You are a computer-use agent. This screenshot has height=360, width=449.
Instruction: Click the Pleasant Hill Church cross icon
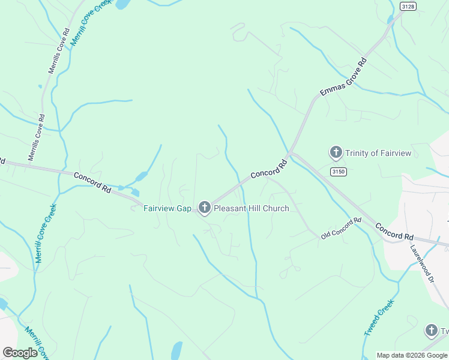click(204, 208)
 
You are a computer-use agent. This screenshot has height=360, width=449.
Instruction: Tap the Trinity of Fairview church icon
click(336, 152)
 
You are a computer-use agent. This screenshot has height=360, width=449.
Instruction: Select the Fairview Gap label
click(167, 209)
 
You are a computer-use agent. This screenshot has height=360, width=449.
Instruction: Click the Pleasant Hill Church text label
click(252, 209)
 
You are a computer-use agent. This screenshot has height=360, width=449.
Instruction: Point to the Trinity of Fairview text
click(378, 153)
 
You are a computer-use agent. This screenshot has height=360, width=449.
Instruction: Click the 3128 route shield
click(408, 6)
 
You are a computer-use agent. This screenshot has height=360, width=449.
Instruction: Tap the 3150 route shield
click(338, 172)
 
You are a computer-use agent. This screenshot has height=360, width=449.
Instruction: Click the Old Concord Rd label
click(341, 229)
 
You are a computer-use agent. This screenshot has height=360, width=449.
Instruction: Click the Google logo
click(20, 353)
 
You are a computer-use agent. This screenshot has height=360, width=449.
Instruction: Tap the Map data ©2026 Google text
click(412, 355)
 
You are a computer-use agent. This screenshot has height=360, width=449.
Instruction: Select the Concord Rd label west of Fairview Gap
click(93, 182)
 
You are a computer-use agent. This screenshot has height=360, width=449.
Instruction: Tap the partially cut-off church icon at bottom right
click(431, 330)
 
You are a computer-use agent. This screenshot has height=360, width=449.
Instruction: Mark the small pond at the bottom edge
click(176, 350)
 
